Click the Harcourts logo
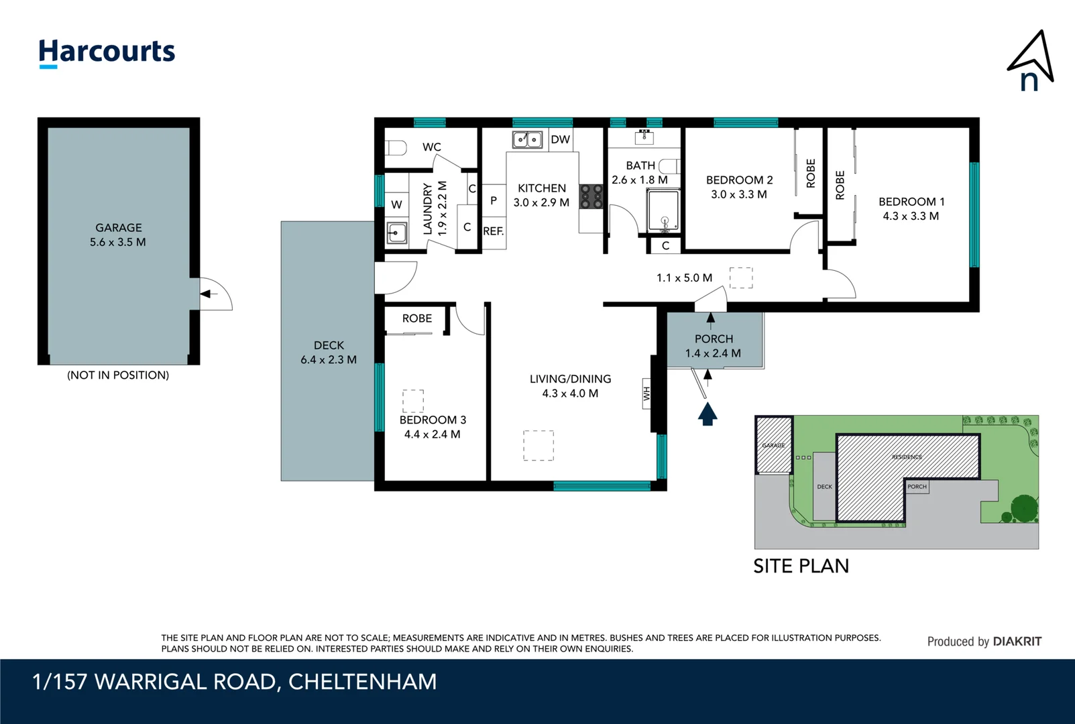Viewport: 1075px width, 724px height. (107, 52)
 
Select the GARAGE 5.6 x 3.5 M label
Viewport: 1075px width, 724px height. (118, 235)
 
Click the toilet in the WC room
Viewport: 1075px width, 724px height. (396, 147)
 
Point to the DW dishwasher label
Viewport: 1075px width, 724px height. (560, 139)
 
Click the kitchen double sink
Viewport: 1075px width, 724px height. (527, 139)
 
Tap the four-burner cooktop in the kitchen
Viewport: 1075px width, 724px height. (591, 196)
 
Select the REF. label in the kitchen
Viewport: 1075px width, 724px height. (493, 231)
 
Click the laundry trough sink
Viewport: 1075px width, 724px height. (397, 233)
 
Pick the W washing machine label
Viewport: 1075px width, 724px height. (396, 204)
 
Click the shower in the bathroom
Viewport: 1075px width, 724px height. (663, 210)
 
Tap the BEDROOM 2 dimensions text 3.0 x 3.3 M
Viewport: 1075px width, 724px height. (739, 194)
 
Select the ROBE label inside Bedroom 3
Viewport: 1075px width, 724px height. (416, 318)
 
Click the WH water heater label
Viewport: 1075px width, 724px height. (646, 394)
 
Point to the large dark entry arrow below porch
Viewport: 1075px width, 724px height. (708, 413)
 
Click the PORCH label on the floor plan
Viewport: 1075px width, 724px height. (714, 339)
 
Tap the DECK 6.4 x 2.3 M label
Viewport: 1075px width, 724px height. (329, 353)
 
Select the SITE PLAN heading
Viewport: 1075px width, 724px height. (801, 566)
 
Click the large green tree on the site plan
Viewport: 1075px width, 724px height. (1024, 507)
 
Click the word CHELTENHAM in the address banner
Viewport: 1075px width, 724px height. (362, 682)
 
